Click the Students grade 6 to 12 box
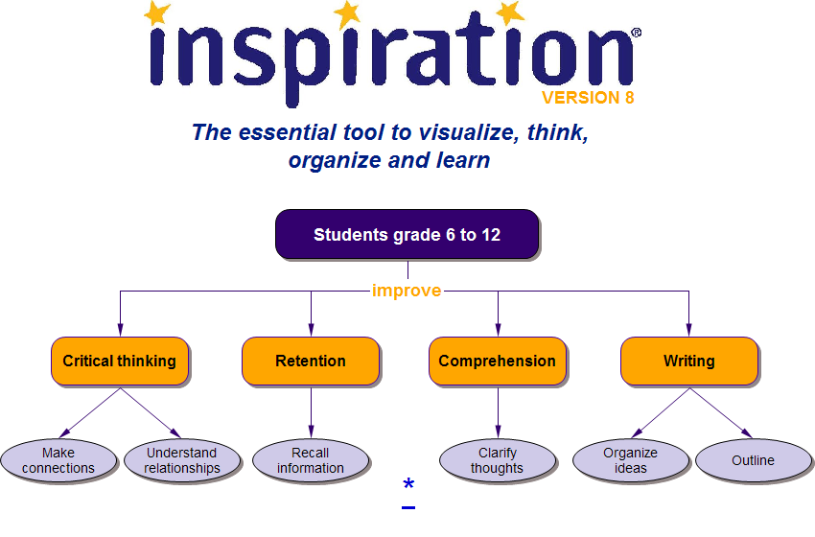(407, 235)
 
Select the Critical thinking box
(120, 362)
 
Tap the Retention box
(311, 362)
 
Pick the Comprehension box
(497, 362)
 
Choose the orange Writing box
(688, 362)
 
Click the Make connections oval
(58, 460)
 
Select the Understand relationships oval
(182, 460)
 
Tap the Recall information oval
(311, 460)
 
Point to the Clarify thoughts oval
(497, 460)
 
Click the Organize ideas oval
(631, 460)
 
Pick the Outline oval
(753, 460)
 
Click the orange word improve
(407, 291)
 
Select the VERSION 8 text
(587, 98)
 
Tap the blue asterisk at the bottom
(408, 485)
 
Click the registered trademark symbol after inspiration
(636, 33)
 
